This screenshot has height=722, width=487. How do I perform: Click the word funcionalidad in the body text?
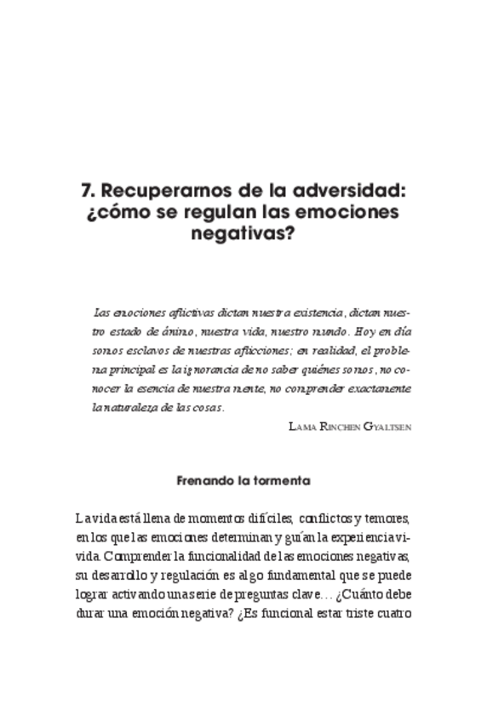pyautogui.click(x=223, y=556)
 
